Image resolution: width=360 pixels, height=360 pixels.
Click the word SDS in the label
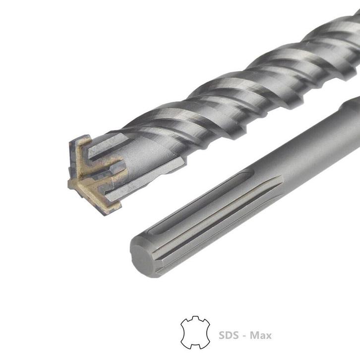coord(229,336)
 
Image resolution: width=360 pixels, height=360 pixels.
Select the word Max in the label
coord(260,336)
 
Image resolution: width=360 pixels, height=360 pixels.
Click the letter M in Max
coord(254,336)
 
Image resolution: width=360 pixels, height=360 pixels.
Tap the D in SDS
coord(229,336)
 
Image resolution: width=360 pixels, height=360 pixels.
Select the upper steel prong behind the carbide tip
coord(107,144)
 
